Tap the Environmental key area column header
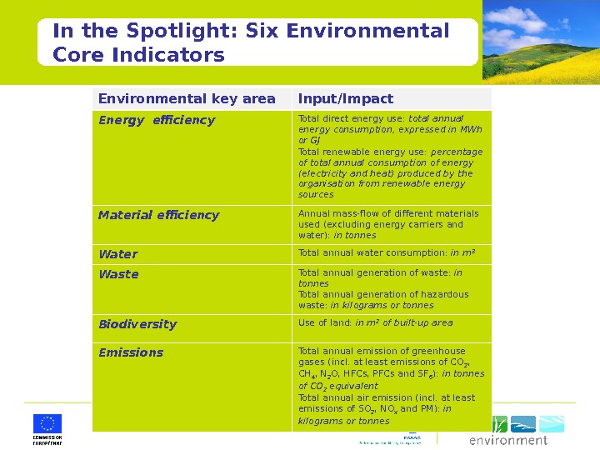pos(187,98)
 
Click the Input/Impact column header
pos(346,98)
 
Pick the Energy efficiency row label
pos(157,120)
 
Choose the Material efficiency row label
pos(158,215)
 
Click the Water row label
pos(117,254)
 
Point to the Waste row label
pos(118,274)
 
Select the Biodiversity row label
pos(137,324)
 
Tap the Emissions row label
pos(131,352)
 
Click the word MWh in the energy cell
pos(472,129)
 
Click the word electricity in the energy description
pos(322,173)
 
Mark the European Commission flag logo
pos(47,423)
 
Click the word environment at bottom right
pos(508,440)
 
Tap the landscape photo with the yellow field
pos(541,41)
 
